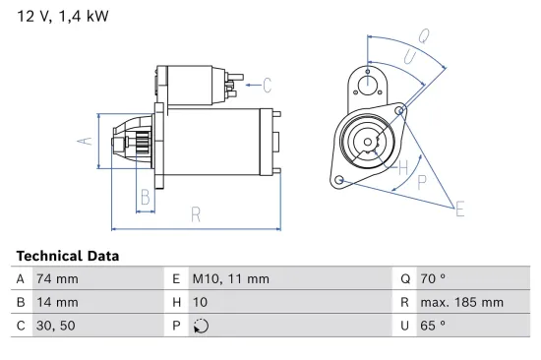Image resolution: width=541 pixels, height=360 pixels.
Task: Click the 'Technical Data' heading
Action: [68, 256]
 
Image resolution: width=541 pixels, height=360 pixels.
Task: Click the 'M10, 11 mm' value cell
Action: [229, 278]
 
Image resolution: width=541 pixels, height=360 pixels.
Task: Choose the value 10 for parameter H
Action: [199, 302]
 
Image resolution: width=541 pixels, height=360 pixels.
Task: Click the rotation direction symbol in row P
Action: [201, 326]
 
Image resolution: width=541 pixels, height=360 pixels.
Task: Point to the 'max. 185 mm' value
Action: [463, 302]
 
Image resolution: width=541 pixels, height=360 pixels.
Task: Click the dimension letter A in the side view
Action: [85, 141]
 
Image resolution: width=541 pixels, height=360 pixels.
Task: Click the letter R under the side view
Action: [196, 214]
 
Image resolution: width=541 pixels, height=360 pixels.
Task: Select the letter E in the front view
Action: [459, 208]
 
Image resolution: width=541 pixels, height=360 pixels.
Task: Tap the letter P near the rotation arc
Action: [422, 182]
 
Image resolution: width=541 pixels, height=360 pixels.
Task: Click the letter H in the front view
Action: [401, 167]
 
